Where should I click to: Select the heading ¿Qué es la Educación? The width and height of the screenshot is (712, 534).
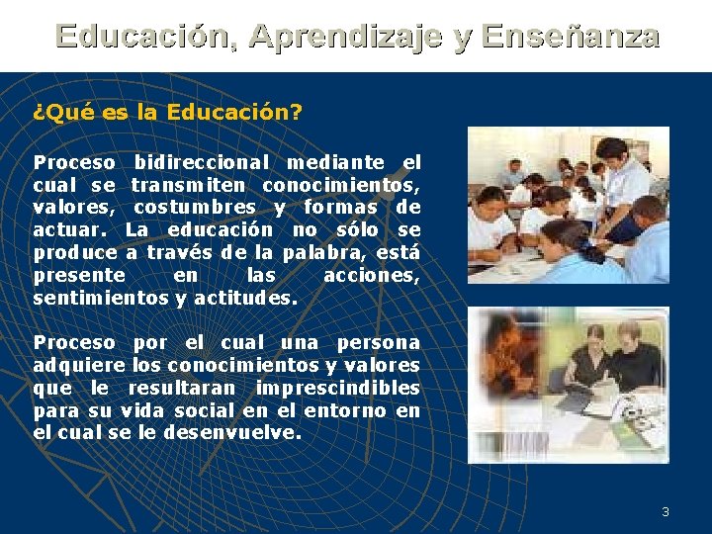pyautogui.click(x=167, y=112)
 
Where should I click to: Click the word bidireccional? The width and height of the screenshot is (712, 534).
pyautogui.click(x=202, y=162)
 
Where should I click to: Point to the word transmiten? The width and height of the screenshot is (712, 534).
pyautogui.click(x=192, y=185)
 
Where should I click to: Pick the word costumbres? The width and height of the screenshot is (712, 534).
pyautogui.click(x=194, y=208)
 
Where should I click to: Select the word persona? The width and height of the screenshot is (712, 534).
pyautogui.click(x=379, y=343)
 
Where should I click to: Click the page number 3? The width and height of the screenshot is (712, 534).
pyautogui.click(x=666, y=511)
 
